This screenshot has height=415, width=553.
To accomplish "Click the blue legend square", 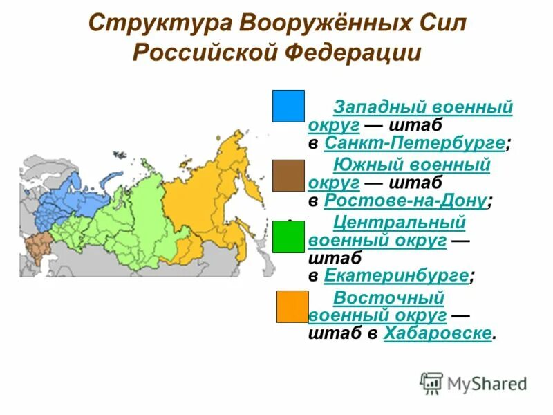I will click(x=288, y=106).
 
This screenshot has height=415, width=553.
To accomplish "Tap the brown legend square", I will click(x=288, y=175).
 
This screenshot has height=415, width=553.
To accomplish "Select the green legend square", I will click(x=288, y=237).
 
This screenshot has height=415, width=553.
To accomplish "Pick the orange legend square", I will click(x=292, y=306).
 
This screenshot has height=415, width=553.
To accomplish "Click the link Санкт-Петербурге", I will click(x=414, y=144).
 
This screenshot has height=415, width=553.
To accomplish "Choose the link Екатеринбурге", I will click(x=395, y=275).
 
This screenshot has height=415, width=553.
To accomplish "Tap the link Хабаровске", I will click(x=438, y=333).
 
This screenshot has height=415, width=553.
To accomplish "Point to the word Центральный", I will click(x=399, y=222).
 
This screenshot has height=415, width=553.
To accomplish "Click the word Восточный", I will click(x=388, y=297).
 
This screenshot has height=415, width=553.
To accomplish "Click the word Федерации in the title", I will click(x=355, y=54).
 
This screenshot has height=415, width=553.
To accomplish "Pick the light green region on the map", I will click(x=131, y=214).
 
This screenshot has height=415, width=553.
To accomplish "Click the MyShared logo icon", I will click(x=431, y=382).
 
